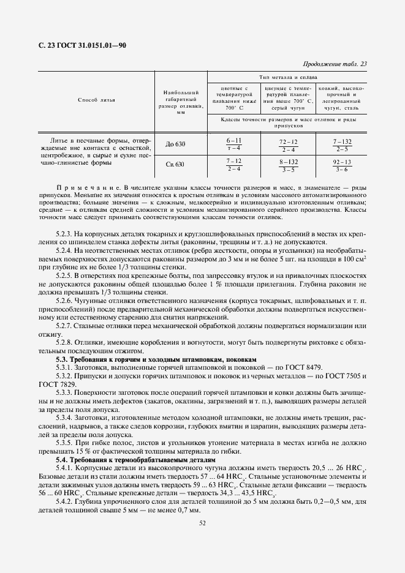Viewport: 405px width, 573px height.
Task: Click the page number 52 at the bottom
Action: point(202,522)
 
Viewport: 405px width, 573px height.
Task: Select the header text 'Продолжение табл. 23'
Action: point(335,64)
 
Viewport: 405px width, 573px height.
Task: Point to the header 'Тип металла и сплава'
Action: point(287,78)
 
